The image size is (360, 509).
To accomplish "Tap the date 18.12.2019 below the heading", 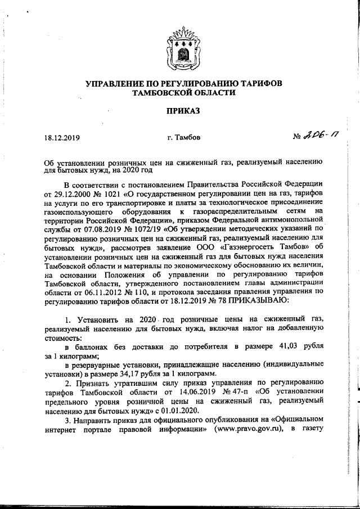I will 62,137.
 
